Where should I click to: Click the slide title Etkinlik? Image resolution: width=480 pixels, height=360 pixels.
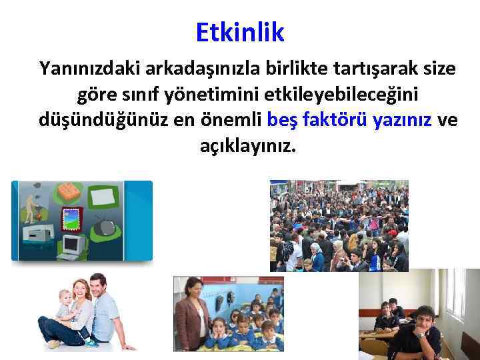click(x=240, y=31)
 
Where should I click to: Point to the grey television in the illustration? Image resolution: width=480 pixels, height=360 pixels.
click(x=105, y=227)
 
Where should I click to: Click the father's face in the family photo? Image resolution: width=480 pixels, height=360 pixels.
click(x=99, y=287)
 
